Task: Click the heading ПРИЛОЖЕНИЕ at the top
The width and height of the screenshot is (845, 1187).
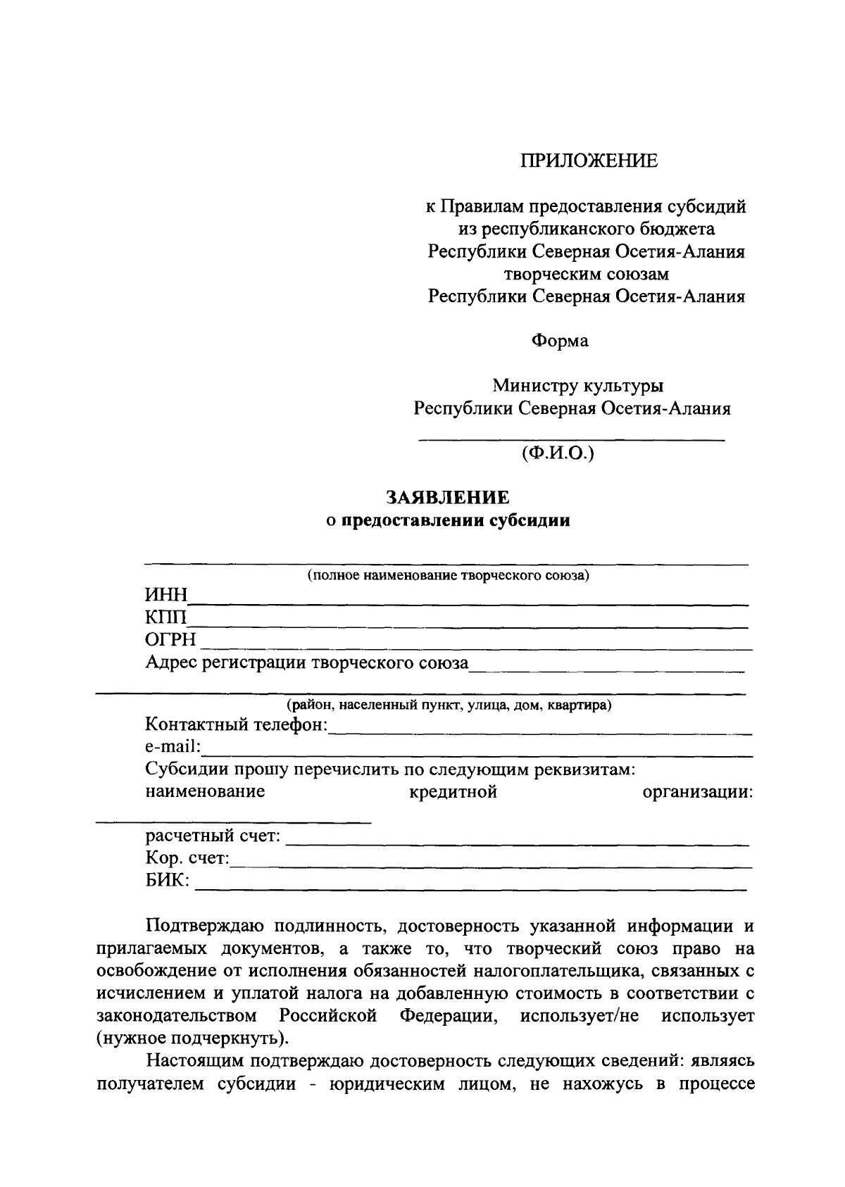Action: (x=589, y=161)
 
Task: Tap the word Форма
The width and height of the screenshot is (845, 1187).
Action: (x=560, y=341)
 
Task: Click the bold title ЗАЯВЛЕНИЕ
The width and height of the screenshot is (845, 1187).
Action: (x=448, y=498)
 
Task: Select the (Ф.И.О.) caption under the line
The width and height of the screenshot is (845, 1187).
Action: (x=558, y=453)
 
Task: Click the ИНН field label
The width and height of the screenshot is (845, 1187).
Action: (x=166, y=597)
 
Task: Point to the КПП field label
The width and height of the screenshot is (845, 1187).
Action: (x=166, y=619)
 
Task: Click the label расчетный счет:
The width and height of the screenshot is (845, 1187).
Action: (x=213, y=836)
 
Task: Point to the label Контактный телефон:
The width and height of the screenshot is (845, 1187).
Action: (x=237, y=725)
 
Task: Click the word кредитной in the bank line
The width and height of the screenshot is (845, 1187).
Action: (x=453, y=792)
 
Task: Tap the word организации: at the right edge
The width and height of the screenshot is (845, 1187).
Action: (x=698, y=792)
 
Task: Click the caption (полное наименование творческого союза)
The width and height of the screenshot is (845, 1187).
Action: (x=448, y=576)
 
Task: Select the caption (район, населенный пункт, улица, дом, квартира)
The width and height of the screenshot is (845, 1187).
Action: (x=448, y=705)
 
